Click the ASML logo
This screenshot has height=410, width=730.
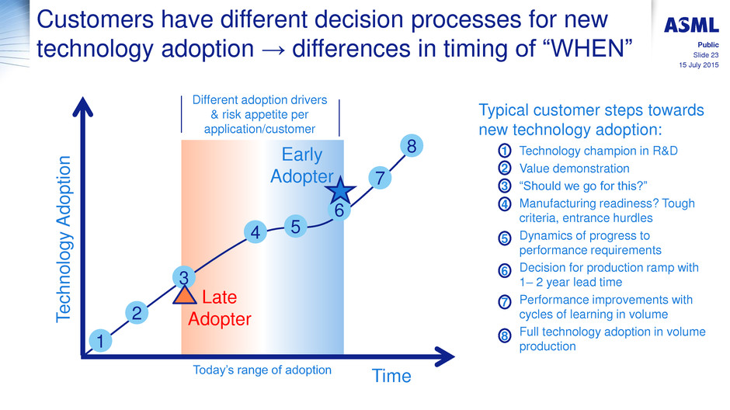[x=691, y=25]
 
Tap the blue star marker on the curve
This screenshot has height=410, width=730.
[x=340, y=190]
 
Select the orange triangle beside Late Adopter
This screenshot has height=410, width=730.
[x=184, y=295]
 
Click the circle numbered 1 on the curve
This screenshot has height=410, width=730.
[x=100, y=341]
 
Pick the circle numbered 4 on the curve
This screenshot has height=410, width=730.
[x=255, y=232]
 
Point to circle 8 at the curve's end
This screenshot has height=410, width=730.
[x=412, y=146]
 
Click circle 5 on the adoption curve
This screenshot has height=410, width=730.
[x=296, y=227]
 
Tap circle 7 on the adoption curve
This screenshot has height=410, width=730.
[x=380, y=179]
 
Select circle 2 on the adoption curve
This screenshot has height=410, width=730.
[x=137, y=313]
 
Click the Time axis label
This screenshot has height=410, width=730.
[x=391, y=376]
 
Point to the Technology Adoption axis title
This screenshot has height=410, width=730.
[x=64, y=239]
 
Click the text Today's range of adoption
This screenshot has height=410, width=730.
[x=262, y=370]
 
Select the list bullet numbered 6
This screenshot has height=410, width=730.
[x=505, y=270]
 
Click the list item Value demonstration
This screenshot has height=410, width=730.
[x=574, y=169]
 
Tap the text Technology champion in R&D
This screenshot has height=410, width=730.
[x=598, y=151]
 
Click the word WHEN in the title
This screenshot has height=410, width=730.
[x=588, y=48]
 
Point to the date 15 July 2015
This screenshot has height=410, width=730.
[x=699, y=65]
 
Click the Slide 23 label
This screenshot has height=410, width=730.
[x=706, y=55]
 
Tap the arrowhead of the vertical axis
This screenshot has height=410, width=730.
[x=83, y=106]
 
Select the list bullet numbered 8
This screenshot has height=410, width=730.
[x=505, y=335]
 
